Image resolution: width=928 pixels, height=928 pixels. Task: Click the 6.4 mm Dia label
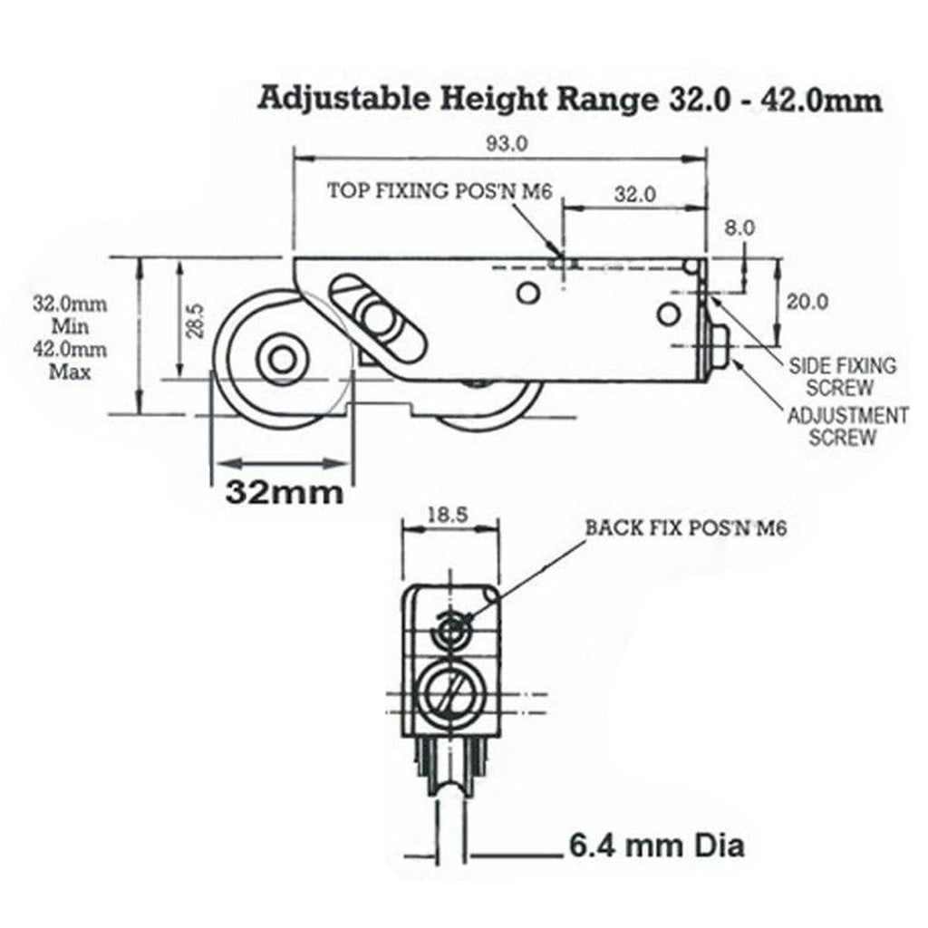click(657, 846)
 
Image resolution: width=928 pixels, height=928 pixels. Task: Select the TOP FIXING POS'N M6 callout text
click(440, 191)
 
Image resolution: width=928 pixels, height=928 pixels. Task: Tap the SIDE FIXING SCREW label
click(843, 376)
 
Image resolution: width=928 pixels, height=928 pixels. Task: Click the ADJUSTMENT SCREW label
click(847, 427)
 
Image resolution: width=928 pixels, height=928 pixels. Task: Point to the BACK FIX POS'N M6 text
click(685, 527)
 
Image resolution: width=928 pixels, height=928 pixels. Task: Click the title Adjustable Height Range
click(571, 98)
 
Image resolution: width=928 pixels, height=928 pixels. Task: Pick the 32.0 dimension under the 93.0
click(635, 194)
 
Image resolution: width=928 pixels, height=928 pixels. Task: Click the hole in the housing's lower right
click(668, 314)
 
